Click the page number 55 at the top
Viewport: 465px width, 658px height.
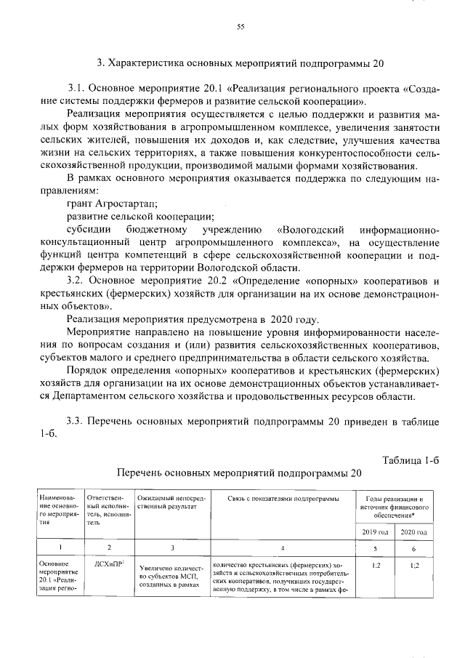click(240, 27)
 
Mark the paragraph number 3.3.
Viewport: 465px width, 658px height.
click(76, 421)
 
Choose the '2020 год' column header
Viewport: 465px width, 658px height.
click(413, 533)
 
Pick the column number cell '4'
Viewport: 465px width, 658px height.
click(283, 548)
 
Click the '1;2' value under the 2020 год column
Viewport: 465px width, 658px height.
click(413, 564)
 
